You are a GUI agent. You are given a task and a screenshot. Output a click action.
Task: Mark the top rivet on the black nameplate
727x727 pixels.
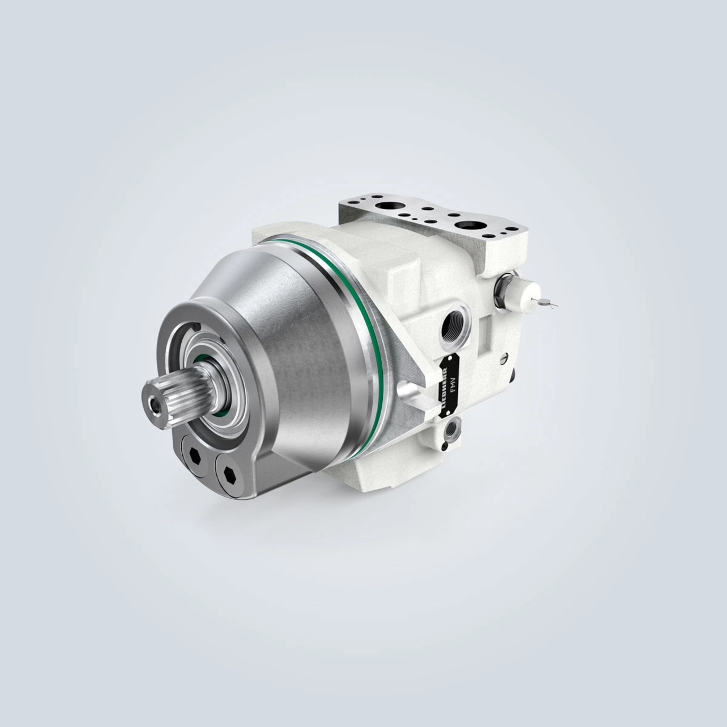tap(453, 358)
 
